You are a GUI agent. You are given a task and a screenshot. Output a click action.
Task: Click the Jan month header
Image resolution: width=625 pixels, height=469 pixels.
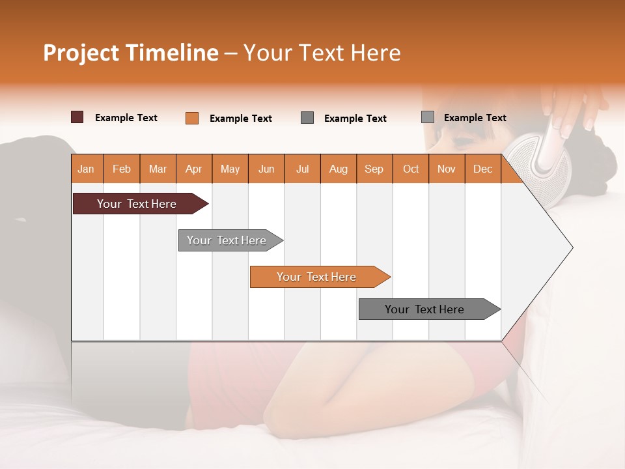click(x=87, y=169)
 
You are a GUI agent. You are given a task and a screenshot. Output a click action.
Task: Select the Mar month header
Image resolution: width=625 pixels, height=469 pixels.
click(x=158, y=169)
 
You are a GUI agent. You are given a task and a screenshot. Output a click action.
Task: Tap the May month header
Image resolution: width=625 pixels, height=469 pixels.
click(x=230, y=169)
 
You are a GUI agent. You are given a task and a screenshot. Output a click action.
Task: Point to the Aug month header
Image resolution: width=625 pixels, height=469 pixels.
click(x=338, y=169)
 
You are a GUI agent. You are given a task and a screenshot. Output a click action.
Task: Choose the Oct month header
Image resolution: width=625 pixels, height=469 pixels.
click(x=410, y=169)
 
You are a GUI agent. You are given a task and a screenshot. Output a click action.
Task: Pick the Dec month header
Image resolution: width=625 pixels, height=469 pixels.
click(x=482, y=169)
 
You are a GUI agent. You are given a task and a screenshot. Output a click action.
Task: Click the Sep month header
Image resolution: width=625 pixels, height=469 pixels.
click(x=374, y=169)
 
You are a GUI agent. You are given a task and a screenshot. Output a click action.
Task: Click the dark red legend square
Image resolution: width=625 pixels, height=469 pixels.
click(x=77, y=117)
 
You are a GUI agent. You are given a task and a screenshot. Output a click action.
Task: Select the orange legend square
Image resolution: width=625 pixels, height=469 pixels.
click(x=191, y=118)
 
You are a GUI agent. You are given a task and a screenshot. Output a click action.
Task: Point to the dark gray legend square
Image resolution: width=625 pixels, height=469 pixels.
click(x=307, y=118)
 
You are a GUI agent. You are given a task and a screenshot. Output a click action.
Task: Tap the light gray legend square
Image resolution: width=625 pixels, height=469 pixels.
click(x=427, y=117)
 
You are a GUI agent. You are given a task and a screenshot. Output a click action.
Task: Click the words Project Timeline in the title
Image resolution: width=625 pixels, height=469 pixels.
click(x=130, y=53)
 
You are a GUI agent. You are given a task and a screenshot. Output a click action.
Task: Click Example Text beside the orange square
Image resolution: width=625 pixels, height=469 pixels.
click(x=240, y=119)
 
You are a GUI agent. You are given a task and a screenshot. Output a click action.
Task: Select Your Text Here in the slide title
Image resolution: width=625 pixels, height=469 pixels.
click(x=322, y=53)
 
